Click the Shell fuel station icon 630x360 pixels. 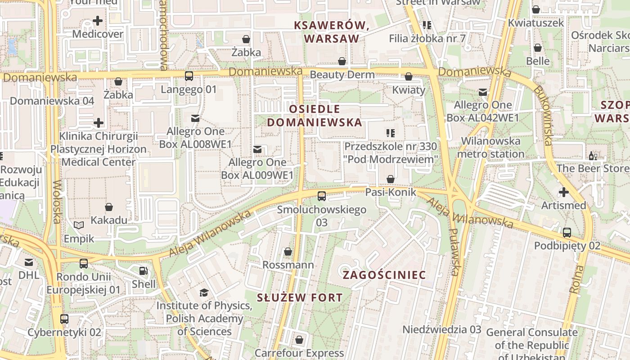coord(143,271)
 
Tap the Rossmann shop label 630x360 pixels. coord(288,265)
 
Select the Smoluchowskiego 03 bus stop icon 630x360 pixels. coord(321,196)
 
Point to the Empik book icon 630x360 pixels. coord(79,225)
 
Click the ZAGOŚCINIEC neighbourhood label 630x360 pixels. coord(384,275)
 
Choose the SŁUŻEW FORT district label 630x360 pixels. coord(300,297)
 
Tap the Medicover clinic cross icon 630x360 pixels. coord(98,21)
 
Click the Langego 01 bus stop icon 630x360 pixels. coord(189,76)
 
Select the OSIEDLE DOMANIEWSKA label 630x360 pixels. coord(315,116)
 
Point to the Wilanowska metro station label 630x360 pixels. coord(490,148)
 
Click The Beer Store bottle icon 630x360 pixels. coord(593,156)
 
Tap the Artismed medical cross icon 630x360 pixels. coord(563,192)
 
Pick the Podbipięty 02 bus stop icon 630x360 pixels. coord(567,233)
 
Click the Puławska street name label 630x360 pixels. coord(455,252)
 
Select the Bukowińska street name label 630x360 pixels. coord(542,115)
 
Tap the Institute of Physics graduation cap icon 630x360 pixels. coord(204,292)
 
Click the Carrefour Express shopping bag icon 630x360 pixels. coord(299,340)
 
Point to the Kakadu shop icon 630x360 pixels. coord(109,207)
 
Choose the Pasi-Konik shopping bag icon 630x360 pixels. coord(391,179)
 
